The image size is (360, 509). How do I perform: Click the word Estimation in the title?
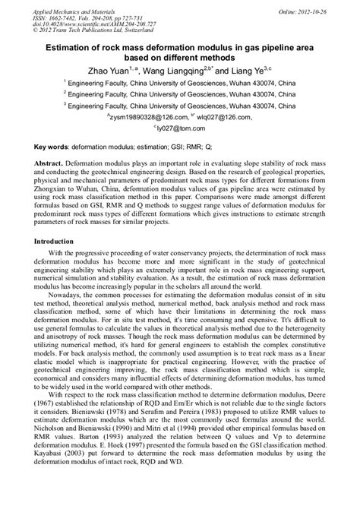click(x=73, y=47)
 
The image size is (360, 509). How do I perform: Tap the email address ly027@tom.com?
click(x=180, y=129)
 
